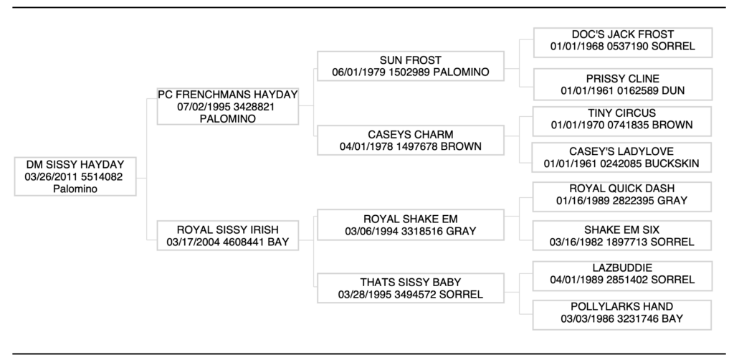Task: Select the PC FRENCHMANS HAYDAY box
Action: [x=227, y=106]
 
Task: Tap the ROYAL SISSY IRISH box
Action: [x=227, y=236]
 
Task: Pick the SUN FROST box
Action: [x=411, y=66]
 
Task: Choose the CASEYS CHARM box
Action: [x=411, y=141]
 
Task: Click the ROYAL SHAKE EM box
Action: [x=411, y=224]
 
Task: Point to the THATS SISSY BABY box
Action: [x=411, y=288]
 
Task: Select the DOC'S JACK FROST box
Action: [x=622, y=41]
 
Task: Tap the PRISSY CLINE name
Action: [x=622, y=78]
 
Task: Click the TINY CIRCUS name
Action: [x=622, y=113]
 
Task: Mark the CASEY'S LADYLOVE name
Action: [x=622, y=152]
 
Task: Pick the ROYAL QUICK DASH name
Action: [x=622, y=189]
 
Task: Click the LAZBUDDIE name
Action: [x=622, y=267]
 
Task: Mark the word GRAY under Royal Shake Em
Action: [x=460, y=231]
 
